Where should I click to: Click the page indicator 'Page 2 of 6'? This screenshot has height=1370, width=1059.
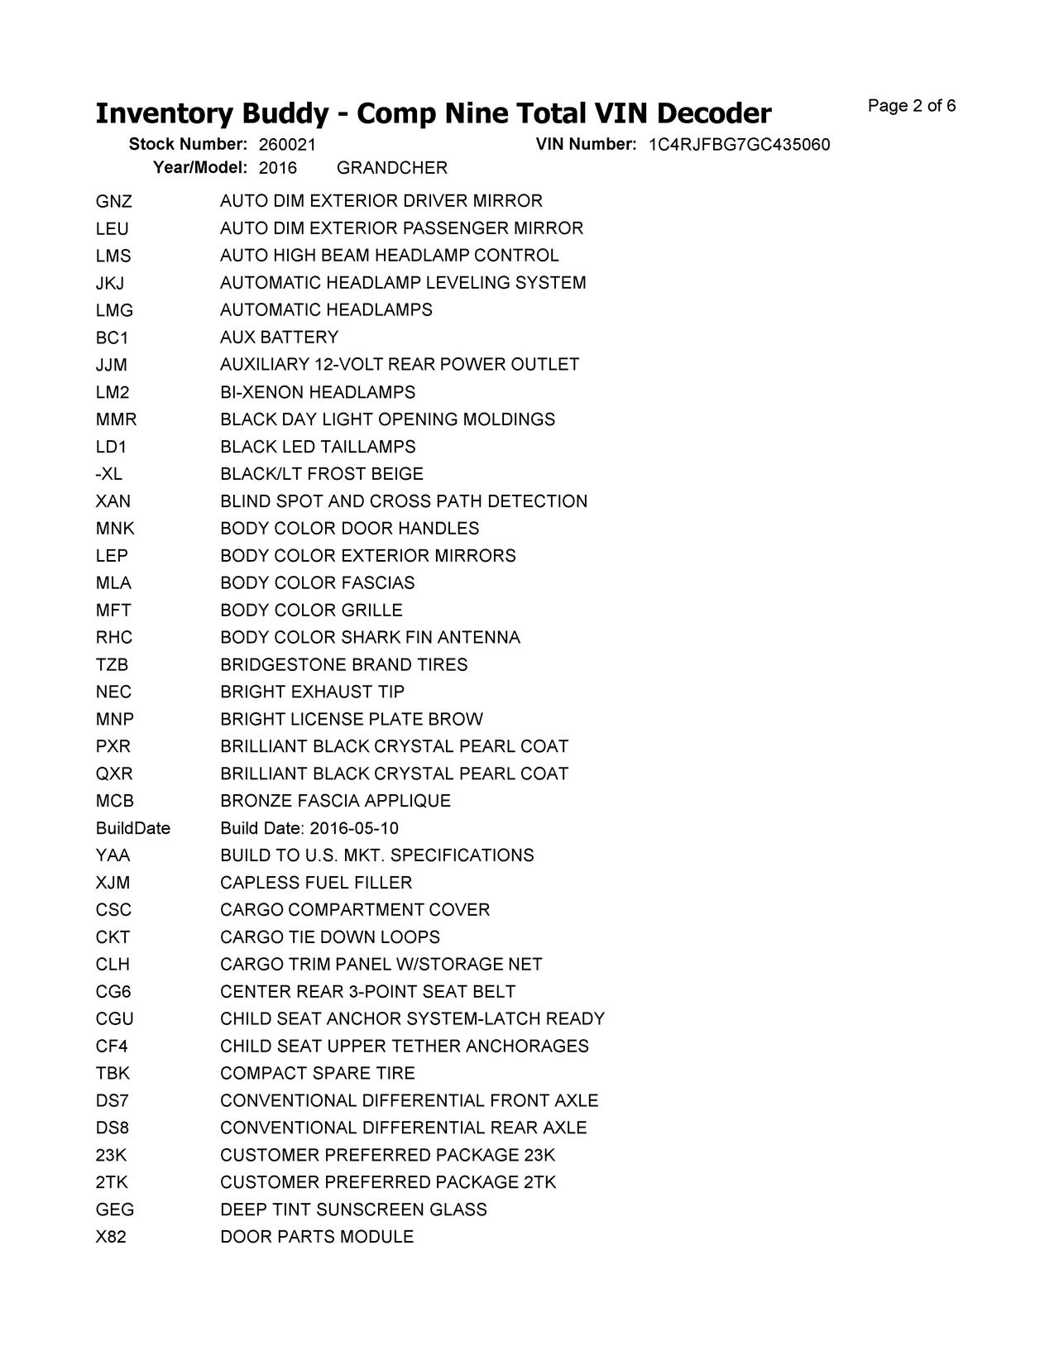[912, 106]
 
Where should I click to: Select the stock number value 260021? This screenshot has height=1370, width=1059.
[287, 145]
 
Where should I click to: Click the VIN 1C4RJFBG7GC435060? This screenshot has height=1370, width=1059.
[739, 145]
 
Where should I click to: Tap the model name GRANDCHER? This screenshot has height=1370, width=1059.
[392, 168]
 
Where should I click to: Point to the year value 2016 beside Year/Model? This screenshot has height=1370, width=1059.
[278, 168]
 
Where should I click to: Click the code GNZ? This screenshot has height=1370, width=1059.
[113, 201]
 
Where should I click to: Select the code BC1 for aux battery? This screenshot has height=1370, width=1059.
[112, 338]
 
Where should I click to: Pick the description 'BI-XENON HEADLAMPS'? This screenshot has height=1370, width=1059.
[318, 392]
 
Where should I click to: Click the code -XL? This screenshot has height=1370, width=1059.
[108, 474]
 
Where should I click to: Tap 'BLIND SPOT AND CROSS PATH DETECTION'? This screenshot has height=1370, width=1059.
[404, 501]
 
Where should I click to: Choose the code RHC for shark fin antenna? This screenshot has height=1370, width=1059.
[113, 638]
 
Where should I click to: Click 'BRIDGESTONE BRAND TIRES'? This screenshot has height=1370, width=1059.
[343, 665]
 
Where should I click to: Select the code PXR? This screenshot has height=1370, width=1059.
[113, 747]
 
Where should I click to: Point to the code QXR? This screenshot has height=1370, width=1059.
[114, 774]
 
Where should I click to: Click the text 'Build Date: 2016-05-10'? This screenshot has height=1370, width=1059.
[309, 828]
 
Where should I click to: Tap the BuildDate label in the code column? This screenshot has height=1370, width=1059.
[132, 828]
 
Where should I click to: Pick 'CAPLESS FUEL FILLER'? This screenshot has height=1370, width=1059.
[316, 883]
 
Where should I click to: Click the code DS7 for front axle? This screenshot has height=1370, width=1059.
[112, 1101]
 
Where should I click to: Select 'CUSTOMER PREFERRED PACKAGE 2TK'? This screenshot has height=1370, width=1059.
[388, 1182]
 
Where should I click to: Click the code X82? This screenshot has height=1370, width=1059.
[111, 1237]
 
